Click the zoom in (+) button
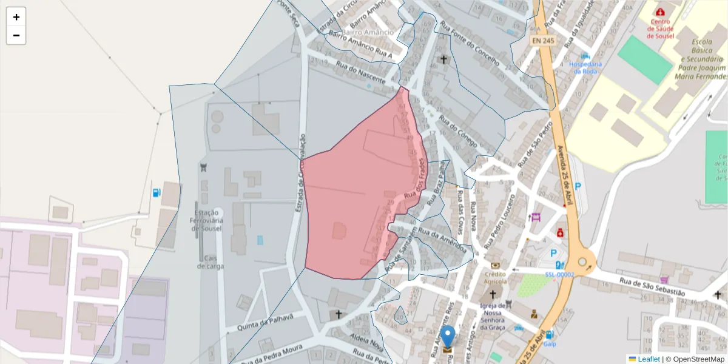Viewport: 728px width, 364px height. pyautogui.click(x=16, y=17)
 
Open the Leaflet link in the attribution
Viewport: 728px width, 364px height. pyautogui.click(x=649, y=359)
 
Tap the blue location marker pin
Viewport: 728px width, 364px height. pyautogui.click(x=448, y=337)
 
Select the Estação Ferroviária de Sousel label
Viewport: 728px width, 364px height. pyautogui.click(x=207, y=221)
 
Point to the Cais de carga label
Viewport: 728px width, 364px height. pyautogui.click(x=210, y=261)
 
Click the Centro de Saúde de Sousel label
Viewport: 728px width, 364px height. pyautogui.click(x=660, y=28)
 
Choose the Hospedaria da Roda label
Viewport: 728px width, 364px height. pyautogui.click(x=586, y=67)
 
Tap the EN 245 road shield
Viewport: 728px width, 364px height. pyautogui.click(x=543, y=41)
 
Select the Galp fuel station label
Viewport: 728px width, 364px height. pyautogui.click(x=550, y=343)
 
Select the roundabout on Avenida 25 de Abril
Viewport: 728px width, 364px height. pyautogui.click(x=582, y=262)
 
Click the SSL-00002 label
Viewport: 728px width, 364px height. pyautogui.click(x=559, y=274)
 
